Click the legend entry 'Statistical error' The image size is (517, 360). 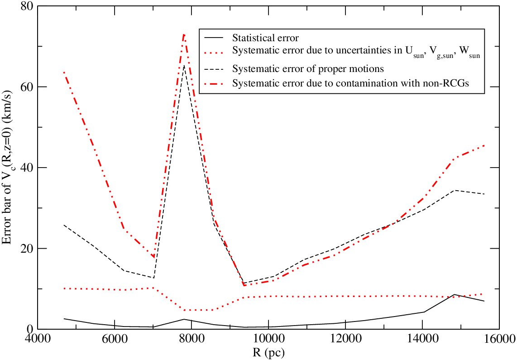pyautogui.click(x=265, y=38)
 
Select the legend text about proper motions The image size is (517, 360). pyautogui.click(x=308, y=69)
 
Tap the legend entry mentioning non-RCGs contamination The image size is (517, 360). pyautogui.click(x=350, y=83)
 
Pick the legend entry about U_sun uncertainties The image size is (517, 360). pyautogui.click(x=356, y=51)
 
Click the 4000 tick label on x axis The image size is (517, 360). pyautogui.click(x=38, y=339)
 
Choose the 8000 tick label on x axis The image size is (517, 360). pyautogui.click(x=191, y=339)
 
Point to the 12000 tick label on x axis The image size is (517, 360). pyautogui.click(x=345, y=339)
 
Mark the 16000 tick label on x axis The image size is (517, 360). pyautogui.click(x=499, y=339)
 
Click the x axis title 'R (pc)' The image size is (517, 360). pyautogui.click(x=268, y=353)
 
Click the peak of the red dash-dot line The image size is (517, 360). pyautogui.click(x=184, y=34)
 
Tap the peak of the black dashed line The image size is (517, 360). pyautogui.click(x=184, y=65)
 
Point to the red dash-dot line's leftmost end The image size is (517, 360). pyautogui.click(x=64, y=72)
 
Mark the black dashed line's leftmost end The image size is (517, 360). pyautogui.click(x=64, y=225)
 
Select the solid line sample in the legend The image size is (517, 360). pyautogui.click(x=214, y=37)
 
